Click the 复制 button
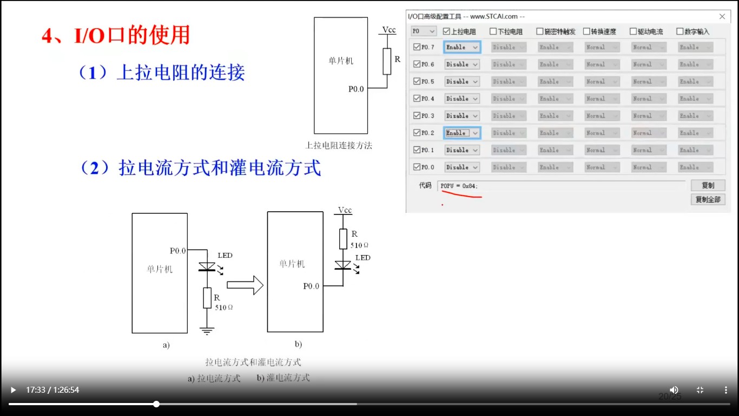coord(708,185)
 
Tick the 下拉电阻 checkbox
coord(493,31)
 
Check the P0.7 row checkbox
coord(417,47)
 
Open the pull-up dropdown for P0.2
coord(462,133)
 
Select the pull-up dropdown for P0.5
coord(462,81)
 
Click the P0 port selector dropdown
coord(424,31)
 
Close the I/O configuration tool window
coord(722,17)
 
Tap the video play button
coord(14,390)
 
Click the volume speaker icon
coord(674,390)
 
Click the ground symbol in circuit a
coord(207,330)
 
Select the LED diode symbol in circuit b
coord(343,265)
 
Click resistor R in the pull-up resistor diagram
coord(387,61)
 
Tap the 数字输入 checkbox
coord(680,31)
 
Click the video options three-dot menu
coord(726,390)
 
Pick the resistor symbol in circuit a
coord(207,298)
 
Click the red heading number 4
coord(48,36)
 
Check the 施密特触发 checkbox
coord(540,31)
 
